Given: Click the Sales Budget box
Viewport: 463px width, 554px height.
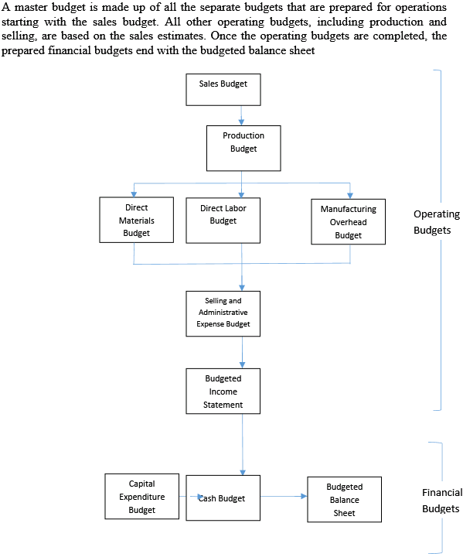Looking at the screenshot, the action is tap(223, 90).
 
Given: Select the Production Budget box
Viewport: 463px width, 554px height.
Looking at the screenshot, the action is tap(243, 149).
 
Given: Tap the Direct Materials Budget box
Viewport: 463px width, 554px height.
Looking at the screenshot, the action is tap(137, 220).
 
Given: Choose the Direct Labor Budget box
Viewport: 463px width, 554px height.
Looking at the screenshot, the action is tap(223, 221).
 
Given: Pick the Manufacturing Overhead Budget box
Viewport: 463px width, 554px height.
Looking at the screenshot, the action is tap(349, 221).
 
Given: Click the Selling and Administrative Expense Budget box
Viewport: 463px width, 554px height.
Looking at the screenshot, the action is tap(223, 313).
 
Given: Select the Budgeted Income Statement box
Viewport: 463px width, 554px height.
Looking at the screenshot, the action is tap(223, 391).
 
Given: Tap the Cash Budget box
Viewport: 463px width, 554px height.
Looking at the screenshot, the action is tap(223, 498).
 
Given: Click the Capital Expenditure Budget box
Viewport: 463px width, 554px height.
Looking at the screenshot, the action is tap(142, 497).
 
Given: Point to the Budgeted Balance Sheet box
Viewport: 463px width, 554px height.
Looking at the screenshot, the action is tap(345, 500).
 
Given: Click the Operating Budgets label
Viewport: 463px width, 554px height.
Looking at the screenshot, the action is tap(437, 222).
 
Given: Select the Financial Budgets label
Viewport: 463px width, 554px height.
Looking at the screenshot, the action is tap(442, 501).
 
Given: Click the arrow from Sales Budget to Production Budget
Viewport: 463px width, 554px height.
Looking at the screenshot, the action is tap(241, 115).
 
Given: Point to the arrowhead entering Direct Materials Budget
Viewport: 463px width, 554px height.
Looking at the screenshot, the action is tap(134, 194).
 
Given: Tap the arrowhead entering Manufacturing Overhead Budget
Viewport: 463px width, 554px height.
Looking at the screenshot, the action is tap(350, 196).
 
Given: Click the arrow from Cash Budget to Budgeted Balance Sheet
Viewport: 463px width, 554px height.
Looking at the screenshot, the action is tap(284, 497).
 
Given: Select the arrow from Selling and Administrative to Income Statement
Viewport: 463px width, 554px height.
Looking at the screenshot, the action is tap(242, 353).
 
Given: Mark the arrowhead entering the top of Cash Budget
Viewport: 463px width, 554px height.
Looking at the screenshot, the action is tap(243, 473).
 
